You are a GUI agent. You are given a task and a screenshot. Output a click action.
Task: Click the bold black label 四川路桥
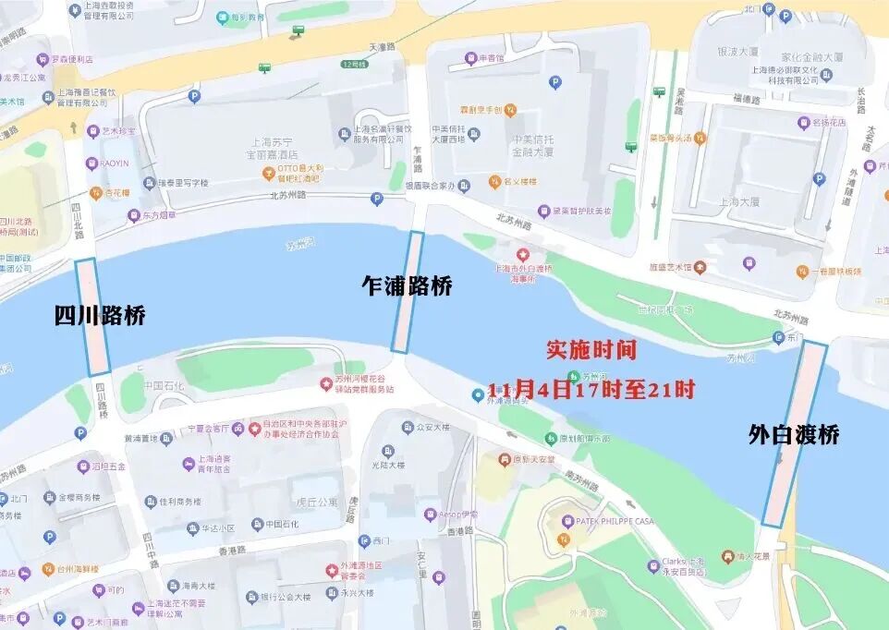pos(100,316)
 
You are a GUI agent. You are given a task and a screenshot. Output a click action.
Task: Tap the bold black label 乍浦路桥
pos(407,286)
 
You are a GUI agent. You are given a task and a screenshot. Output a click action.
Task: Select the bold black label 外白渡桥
pos(794,434)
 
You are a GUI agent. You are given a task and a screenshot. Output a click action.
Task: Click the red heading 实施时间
pos(591,350)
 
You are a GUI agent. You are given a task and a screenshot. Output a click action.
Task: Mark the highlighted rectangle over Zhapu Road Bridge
pos(408,291)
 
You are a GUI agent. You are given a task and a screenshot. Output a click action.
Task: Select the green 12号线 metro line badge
pos(353,65)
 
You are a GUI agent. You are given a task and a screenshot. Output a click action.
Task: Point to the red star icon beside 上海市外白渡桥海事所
pos(523,254)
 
